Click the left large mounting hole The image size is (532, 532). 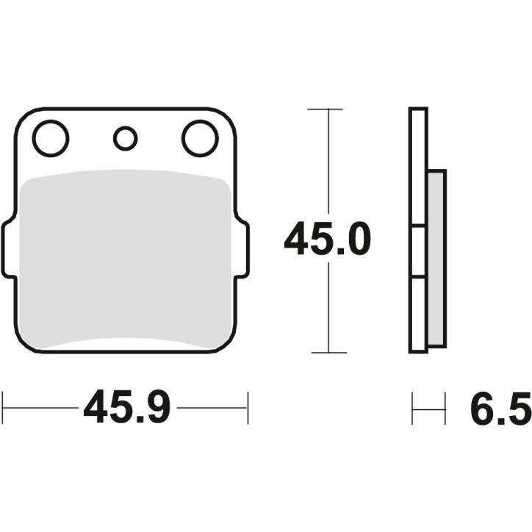point(51,138)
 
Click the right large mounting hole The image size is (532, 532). point(200,138)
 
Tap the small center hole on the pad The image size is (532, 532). point(126,137)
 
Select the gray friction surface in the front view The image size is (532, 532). point(125,257)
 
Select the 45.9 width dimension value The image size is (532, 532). point(126,407)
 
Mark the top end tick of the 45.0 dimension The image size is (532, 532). point(325,109)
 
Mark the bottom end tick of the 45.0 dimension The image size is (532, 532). point(325,352)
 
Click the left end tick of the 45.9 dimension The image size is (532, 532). point(3,407)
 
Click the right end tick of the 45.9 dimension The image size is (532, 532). point(248,407)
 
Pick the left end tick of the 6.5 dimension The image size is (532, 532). point(412,409)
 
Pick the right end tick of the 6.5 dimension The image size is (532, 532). point(445,409)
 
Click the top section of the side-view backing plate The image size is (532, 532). point(418,168)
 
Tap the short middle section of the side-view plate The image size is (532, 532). point(418,252)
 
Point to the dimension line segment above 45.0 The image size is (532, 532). point(325,162)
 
